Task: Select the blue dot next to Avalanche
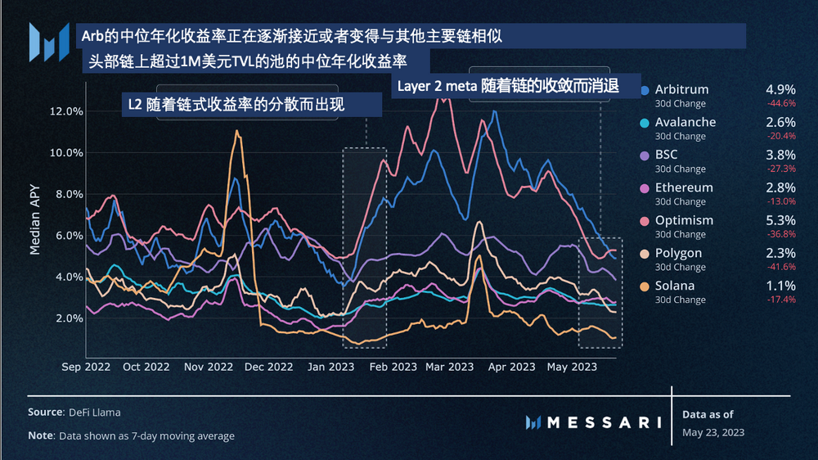(x=646, y=123)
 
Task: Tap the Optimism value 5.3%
(x=780, y=220)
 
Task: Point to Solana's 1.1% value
(x=780, y=286)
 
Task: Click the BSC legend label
(x=666, y=155)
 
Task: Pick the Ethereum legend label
(x=683, y=187)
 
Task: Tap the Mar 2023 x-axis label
(x=449, y=367)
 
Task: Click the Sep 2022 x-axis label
(x=85, y=367)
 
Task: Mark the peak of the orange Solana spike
(x=237, y=131)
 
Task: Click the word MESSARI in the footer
(x=603, y=422)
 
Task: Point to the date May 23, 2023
(x=712, y=431)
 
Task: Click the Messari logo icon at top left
(x=48, y=42)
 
